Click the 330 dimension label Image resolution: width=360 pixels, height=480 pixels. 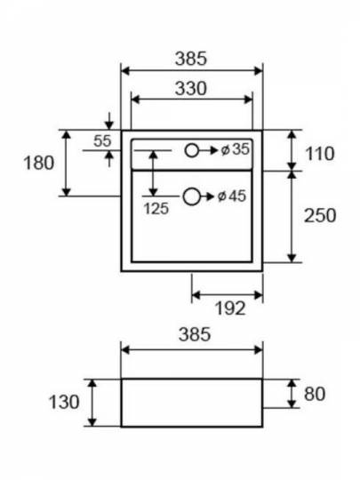point(191,89)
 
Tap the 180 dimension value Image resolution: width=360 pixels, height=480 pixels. point(39,163)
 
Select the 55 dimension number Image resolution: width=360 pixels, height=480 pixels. point(102,140)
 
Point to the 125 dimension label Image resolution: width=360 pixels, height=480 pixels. point(156,209)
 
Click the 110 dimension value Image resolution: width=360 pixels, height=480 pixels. point(320,154)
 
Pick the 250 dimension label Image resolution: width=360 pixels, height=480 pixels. point(320,215)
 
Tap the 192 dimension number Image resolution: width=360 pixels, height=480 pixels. point(230,308)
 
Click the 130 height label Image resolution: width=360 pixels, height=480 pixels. point(64,402)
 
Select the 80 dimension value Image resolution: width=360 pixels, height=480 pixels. point(315,394)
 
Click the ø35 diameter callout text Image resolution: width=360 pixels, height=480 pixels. point(235,149)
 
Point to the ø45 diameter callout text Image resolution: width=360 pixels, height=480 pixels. point(232,196)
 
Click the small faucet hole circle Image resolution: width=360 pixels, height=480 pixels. point(192,150)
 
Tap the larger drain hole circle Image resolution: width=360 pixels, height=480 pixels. point(192,196)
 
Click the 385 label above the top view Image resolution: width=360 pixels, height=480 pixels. point(191,59)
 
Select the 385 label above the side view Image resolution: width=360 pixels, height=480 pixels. point(195,334)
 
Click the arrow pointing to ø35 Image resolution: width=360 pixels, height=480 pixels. point(208,150)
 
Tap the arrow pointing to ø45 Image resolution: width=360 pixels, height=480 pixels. point(207,196)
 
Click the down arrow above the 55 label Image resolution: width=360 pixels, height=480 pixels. point(109,121)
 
